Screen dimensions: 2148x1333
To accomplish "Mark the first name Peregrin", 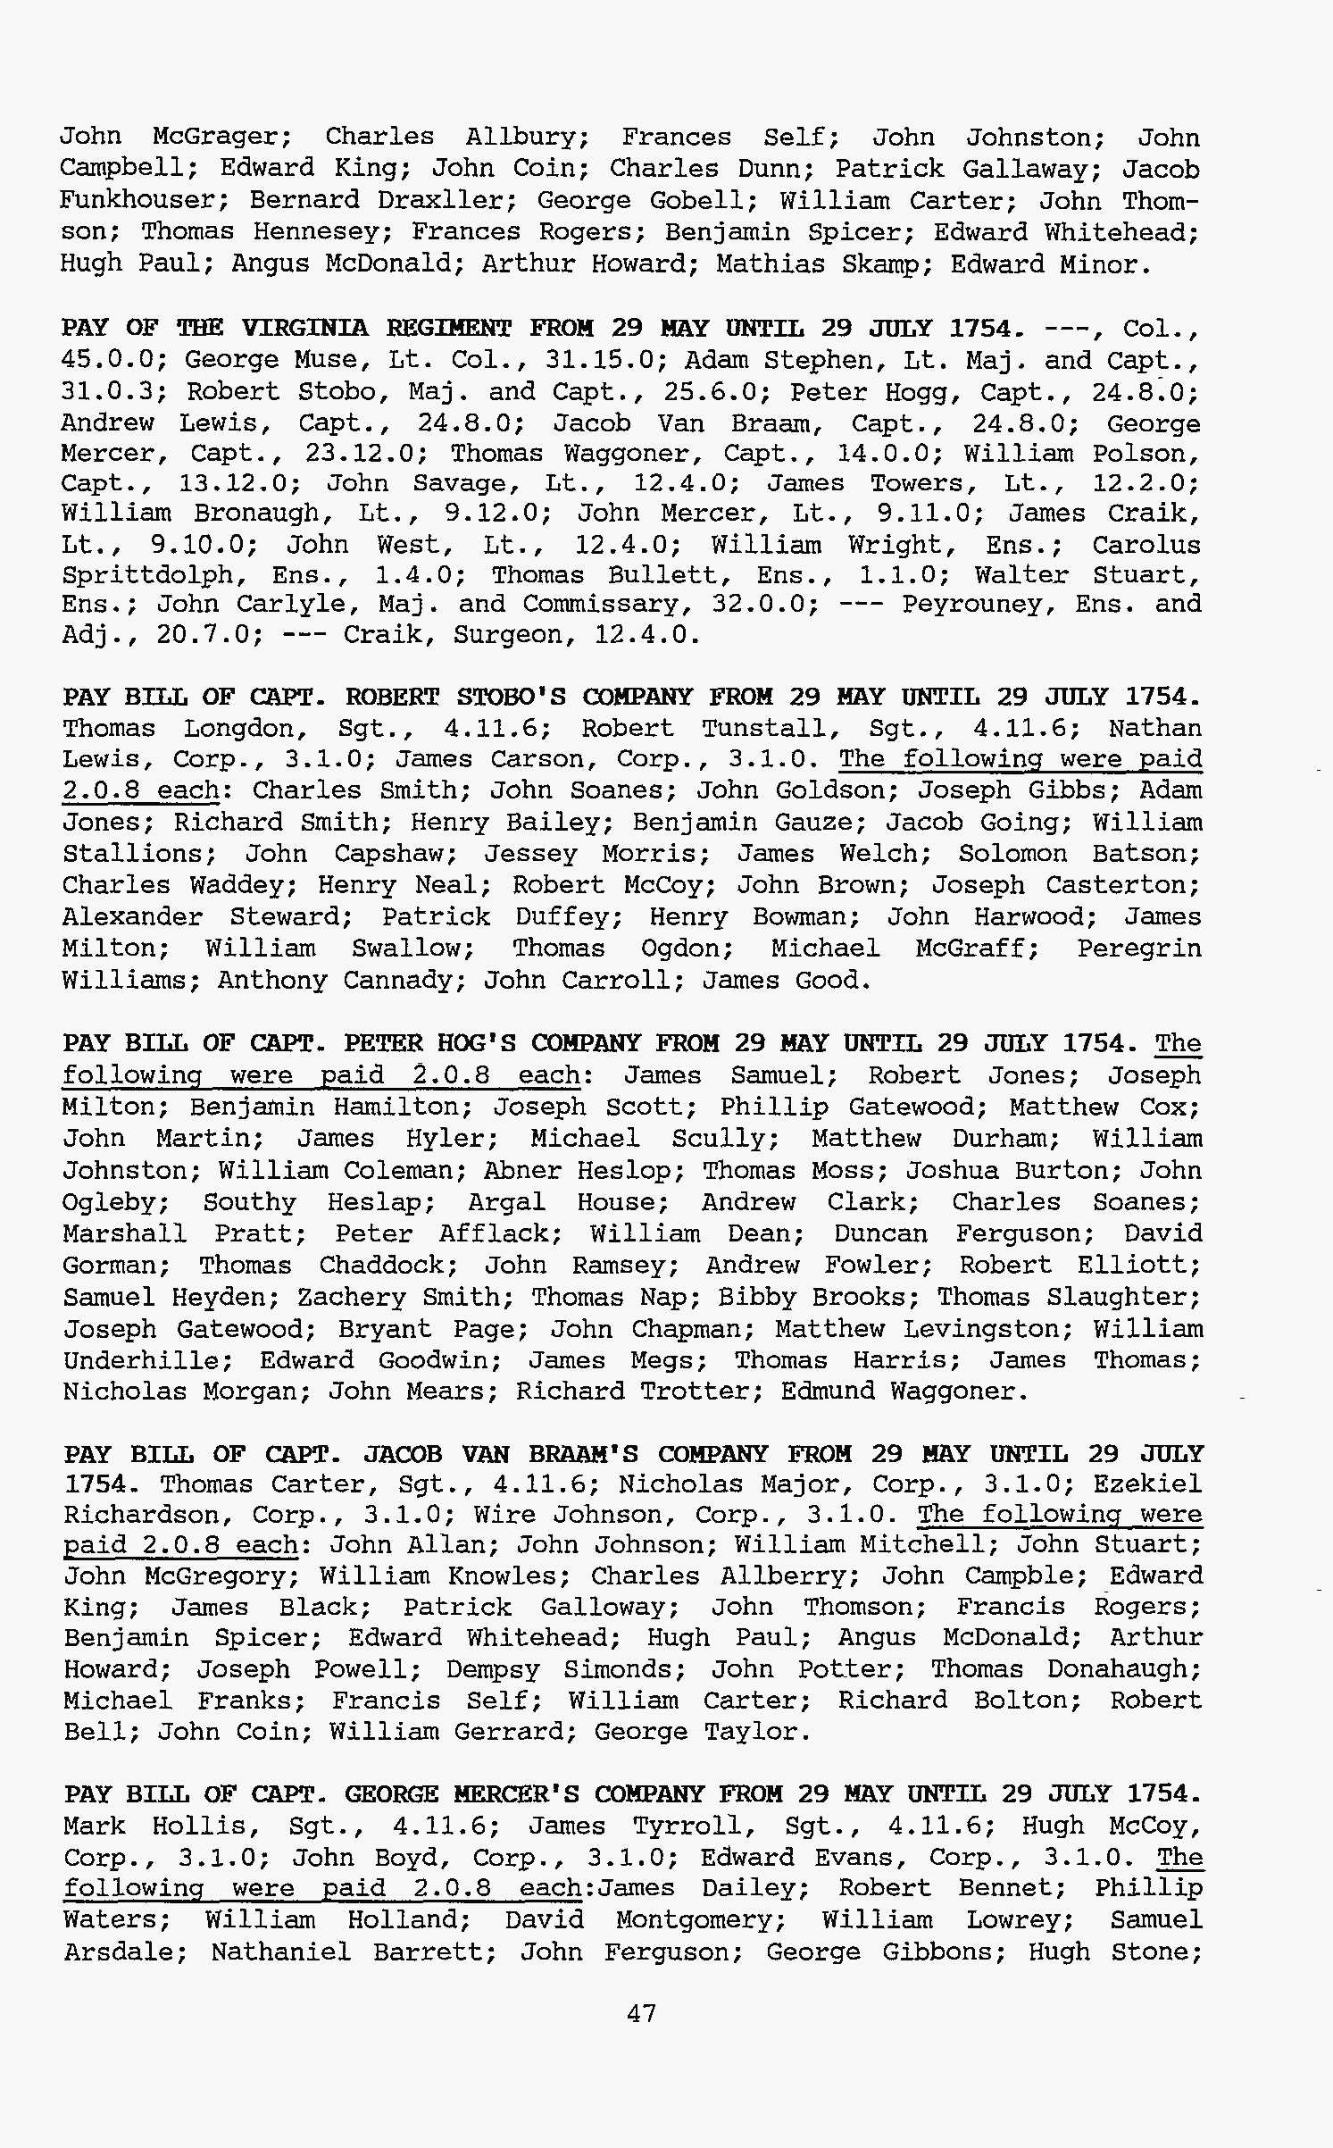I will click(x=1138, y=949).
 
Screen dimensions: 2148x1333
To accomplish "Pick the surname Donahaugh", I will click(x=1123, y=1668).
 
